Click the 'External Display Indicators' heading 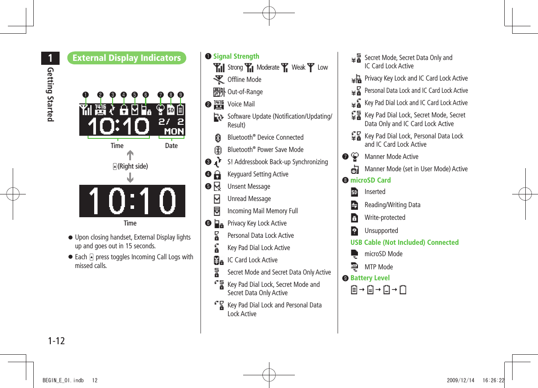(127, 58)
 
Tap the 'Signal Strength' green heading (236, 56)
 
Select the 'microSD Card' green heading (370, 180)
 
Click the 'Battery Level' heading (370, 278)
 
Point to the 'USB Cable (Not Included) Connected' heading (404, 242)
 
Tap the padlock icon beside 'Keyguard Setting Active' (217, 174)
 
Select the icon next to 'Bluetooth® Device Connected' (217, 138)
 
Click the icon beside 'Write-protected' (354, 218)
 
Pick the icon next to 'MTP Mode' (354, 267)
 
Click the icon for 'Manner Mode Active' (355, 156)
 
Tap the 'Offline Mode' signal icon (217, 80)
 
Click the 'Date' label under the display (171, 146)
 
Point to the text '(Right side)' (133, 166)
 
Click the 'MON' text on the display (174, 131)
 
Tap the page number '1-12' (56, 340)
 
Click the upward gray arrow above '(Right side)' (130, 155)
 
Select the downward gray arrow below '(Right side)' (130, 178)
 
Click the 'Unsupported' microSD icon (354, 231)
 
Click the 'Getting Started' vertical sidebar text (50, 94)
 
